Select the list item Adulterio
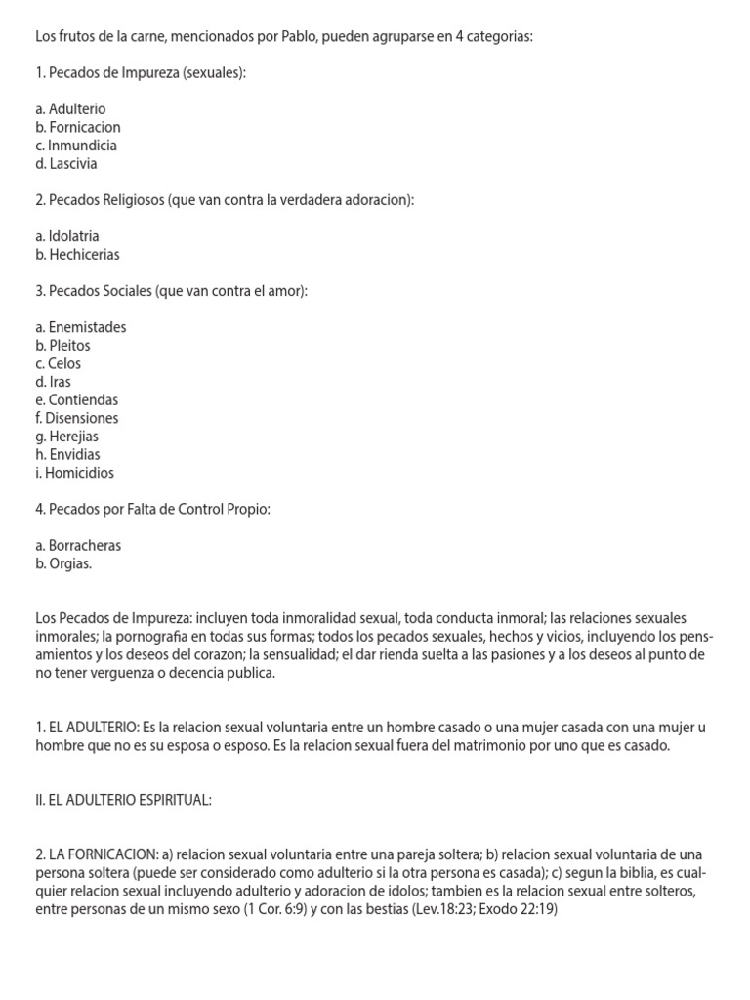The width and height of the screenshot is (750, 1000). [70, 109]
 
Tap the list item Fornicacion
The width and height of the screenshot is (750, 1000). [78, 128]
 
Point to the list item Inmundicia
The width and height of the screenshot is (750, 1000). [75, 146]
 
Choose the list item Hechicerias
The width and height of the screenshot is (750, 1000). [77, 255]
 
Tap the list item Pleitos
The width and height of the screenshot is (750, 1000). [63, 346]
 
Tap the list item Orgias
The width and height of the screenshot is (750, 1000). [63, 563]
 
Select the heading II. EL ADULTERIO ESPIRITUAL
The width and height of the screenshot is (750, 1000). [123, 801]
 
